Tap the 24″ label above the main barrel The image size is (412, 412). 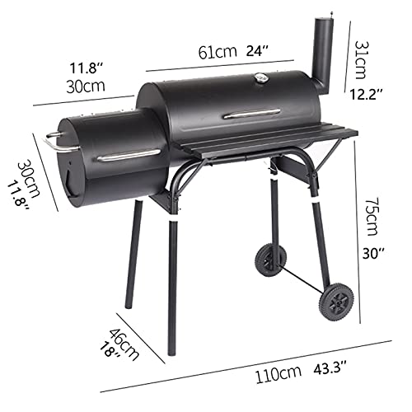[x=257, y=50]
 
